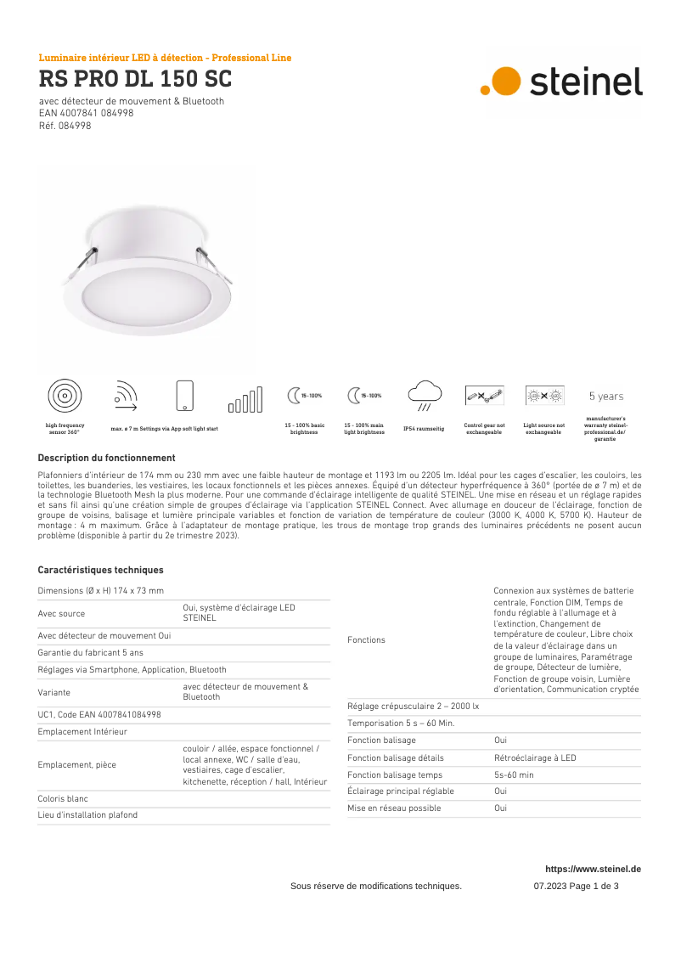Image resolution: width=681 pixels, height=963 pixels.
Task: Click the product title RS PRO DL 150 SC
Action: [135, 80]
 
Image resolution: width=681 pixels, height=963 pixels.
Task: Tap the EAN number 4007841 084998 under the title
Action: [86, 113]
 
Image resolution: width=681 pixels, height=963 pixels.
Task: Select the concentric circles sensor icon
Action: [65, 396]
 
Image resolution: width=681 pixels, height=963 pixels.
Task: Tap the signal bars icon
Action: [245, 399]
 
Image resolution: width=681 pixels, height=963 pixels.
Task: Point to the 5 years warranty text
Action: [605, 397]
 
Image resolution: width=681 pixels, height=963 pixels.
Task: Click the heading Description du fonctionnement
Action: [106, 458]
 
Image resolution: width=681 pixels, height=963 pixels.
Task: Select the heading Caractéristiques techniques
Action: [100, 570]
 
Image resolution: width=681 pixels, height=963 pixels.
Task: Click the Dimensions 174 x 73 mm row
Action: [101, 590]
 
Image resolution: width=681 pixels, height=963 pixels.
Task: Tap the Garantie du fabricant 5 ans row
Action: [91, 652]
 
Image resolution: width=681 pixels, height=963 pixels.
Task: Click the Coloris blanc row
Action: [63, 799]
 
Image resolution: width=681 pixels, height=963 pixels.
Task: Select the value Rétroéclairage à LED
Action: [535, 758]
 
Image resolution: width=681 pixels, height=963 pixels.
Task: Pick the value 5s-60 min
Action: [514, 775]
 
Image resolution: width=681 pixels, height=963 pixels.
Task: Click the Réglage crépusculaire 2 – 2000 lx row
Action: [414, 707]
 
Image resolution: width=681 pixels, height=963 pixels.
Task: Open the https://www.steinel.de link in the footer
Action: [593, 869]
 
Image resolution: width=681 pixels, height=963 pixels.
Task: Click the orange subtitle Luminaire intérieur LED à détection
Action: [165, 58]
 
